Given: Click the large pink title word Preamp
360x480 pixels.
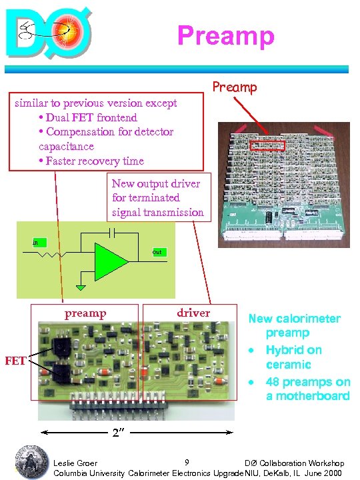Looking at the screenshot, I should pos(226,35).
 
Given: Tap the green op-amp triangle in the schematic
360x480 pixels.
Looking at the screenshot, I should pos(109,261).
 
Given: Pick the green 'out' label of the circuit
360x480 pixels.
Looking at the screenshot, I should pos(158,252).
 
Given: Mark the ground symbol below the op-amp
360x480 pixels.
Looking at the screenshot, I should pos(81,287).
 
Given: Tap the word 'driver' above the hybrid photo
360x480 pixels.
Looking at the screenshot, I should pos(193,313).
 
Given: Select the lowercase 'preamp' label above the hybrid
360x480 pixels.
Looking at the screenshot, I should pos(85,313).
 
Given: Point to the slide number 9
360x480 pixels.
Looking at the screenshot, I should pos(187,462).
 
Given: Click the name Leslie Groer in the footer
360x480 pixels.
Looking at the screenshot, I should pos(75,463).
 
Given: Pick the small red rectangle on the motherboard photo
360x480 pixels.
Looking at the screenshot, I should pos(267,145).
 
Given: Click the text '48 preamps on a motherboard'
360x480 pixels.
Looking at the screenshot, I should pos(307,388).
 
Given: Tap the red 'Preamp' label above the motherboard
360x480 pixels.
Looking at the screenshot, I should pos(234,87).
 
